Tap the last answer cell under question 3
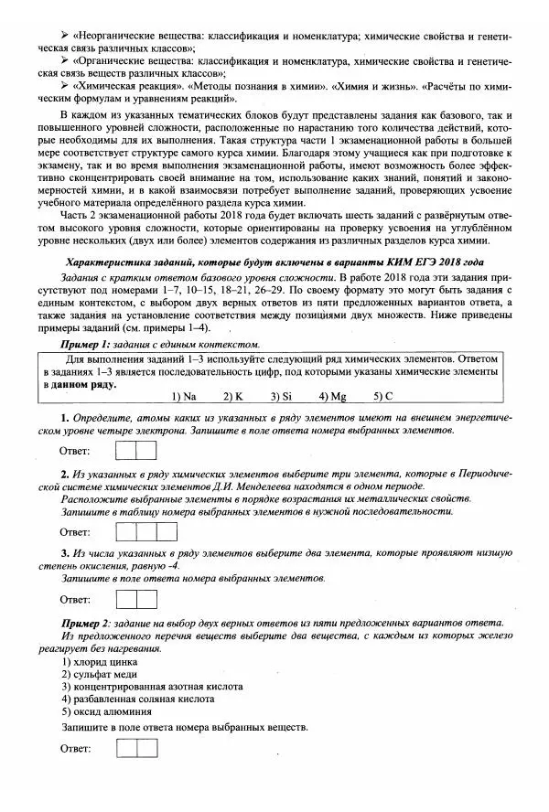tap(147, 599)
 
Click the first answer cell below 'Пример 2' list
tap(127, 748)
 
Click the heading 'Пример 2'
tap(85, 622)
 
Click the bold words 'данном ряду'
tap(85, 384)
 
